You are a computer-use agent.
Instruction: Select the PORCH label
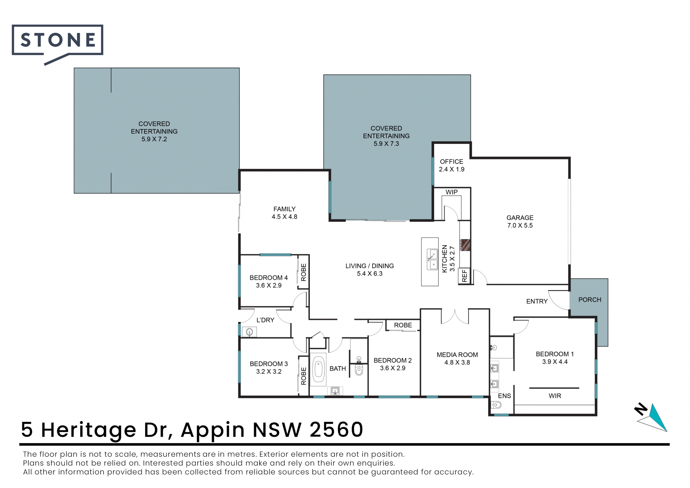(590, 300)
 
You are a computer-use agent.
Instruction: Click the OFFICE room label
(452, 161)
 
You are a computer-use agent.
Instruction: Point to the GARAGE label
(520, 218)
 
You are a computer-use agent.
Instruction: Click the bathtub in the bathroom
(318, 371)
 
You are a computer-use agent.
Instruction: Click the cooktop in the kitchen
(465, 245)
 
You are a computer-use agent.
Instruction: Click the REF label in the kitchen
(464, 276)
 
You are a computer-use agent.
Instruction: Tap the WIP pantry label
(452, 192)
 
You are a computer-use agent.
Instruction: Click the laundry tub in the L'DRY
(249, 332)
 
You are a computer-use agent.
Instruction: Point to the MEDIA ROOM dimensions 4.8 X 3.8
(457, 362)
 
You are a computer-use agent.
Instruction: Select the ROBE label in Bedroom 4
(304, 272)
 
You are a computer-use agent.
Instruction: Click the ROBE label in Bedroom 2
(403, 325)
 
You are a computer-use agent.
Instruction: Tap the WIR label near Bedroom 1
(555, 396)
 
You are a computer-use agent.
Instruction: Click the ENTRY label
(537, 301)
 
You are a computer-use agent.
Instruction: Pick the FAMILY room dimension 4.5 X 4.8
(284, 217)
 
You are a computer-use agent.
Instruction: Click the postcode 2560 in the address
(336, 429)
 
